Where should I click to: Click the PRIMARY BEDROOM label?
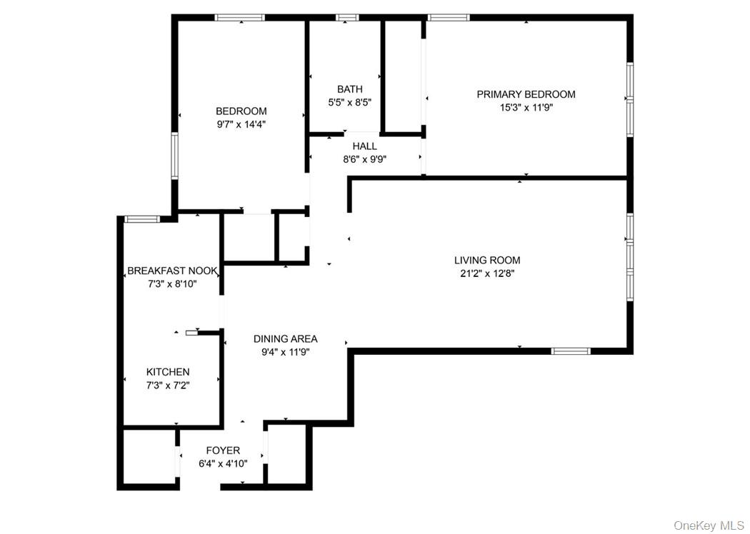coord(526,94)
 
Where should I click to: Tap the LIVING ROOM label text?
coord(487,261)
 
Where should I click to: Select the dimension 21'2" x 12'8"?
coord(487,273)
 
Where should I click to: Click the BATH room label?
coord(349,89)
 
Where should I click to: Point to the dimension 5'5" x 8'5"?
coord(349,102)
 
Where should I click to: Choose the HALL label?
coord(364,146)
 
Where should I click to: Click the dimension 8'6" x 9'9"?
coord(364,159)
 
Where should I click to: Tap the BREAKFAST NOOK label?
coord(172,271)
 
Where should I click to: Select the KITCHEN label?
coord(168,372)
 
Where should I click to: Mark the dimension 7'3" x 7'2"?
coord(168,385)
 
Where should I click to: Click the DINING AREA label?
coord(286,339)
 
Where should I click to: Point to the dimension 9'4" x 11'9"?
coord(286,351)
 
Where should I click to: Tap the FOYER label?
coord(223,450)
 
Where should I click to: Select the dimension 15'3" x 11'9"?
coord(526,107)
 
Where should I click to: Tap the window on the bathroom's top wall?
coord(348,18)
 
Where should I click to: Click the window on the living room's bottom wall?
coord(571,351)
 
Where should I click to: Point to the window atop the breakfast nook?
coord(141,218)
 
